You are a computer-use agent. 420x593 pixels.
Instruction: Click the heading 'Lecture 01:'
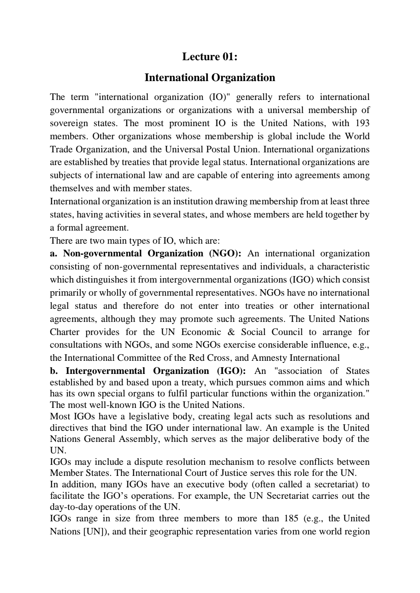(x=210, y=57)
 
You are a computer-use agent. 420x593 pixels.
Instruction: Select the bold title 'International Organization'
(x=210, y=78)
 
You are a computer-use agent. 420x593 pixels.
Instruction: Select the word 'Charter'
(x=64, y=332)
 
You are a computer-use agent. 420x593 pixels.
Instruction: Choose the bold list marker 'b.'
(x=54, y=371)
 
